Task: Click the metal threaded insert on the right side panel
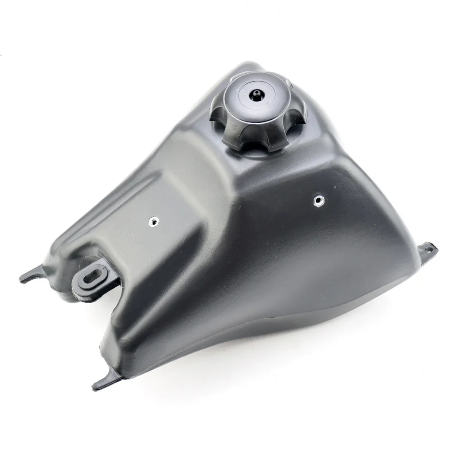pyautogui.click(x=317, y=200)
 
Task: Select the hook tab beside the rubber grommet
pyautogui.click(x=31, y=274)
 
